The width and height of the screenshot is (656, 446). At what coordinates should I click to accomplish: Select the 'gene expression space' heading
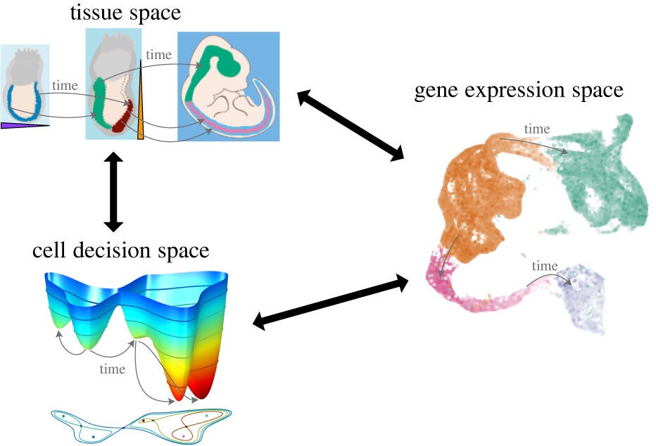pyautogui.click(x=519, y=91)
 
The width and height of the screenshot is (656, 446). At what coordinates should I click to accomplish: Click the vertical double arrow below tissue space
pyautogui.click(x=113, y=192)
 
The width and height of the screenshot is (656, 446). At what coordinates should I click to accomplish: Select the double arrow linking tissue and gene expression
pyautogui.click(x=350, y=124)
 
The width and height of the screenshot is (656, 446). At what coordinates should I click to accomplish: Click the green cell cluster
pyautogui.click(x=605, y=176)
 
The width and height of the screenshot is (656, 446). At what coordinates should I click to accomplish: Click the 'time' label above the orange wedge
pyautogui.click(x=158, y=54)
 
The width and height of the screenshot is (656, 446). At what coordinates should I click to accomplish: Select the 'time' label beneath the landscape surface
pyautogui.click(x=113, y=369)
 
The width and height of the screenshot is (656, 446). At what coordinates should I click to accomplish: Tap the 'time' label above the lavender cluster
pyautogui.click(x=544, y=266)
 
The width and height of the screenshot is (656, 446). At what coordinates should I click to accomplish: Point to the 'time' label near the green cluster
pyautogui.click(x=537, y=129)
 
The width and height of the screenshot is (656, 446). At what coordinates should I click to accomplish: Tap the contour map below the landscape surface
pyautogui.click(x=141, y=425)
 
